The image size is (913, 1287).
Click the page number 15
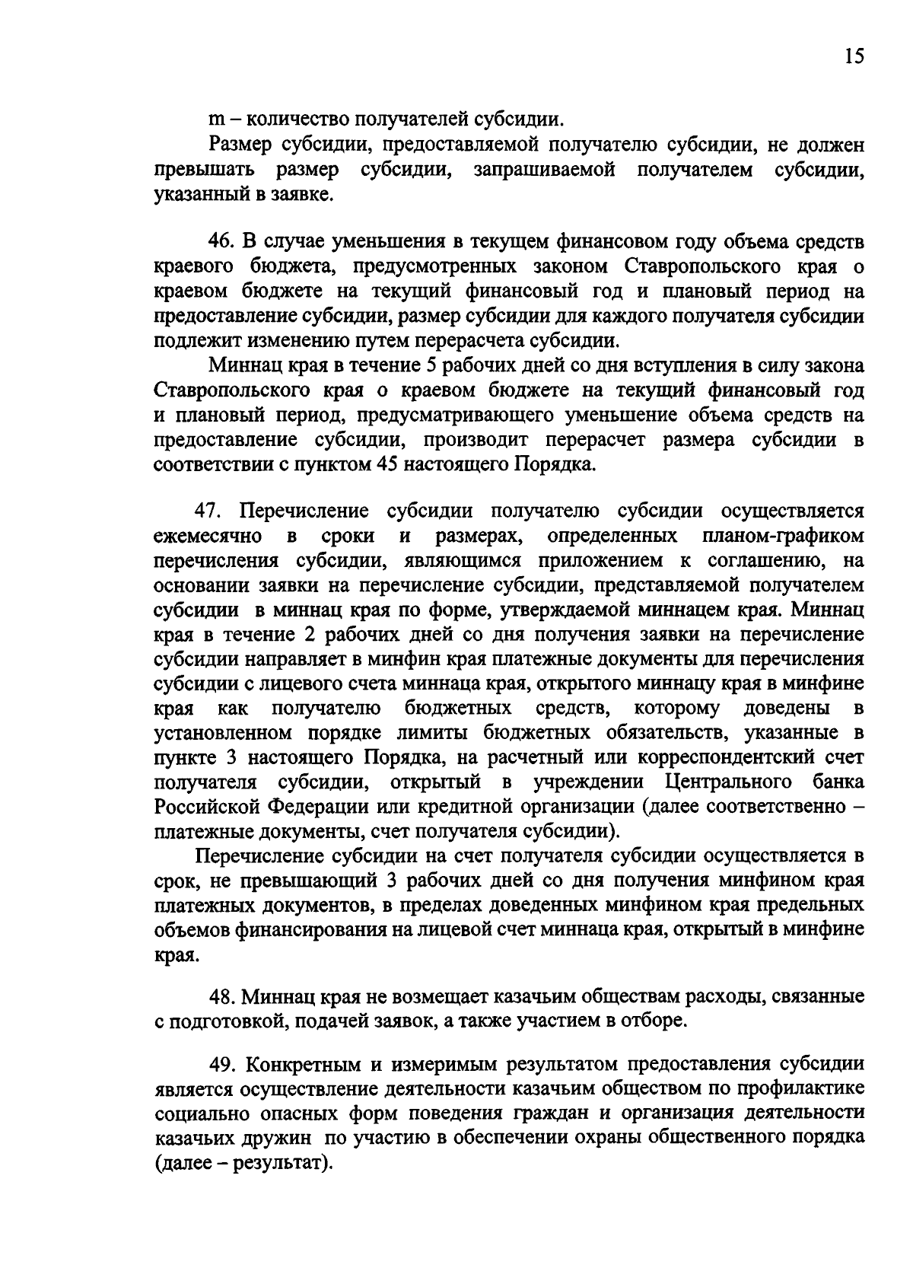[x=854, y=56]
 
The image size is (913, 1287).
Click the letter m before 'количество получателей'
[x=215, y=120]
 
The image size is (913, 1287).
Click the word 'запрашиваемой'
[x=544, y=170]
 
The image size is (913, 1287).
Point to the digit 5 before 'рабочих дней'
[x=427, y=366]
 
